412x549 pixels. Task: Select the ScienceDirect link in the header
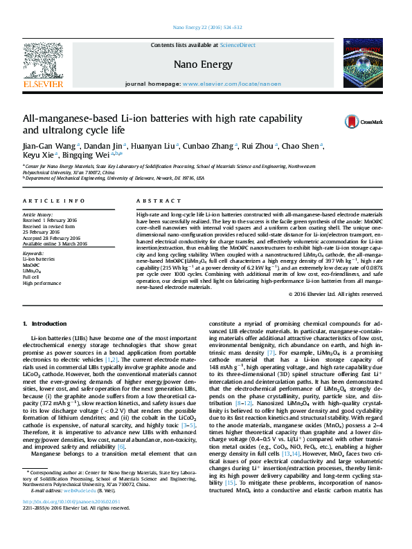(x=238, y=45)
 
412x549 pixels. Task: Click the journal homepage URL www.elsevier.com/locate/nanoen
(x=242, y=83)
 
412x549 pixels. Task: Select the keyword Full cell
(x=30, y=277)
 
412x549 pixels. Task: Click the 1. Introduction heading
(x=45, y=324)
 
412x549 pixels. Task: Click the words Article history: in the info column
(x=38, y=215)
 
